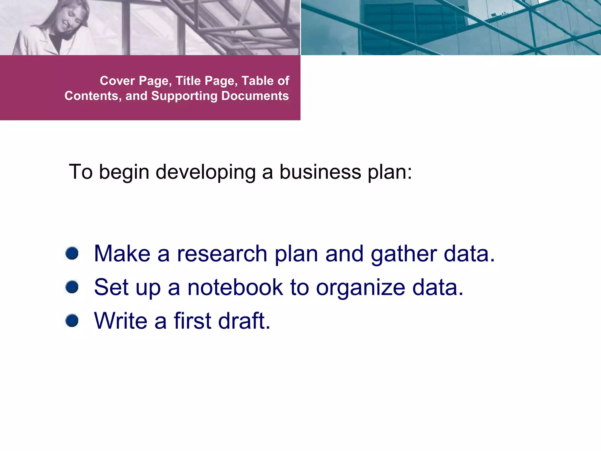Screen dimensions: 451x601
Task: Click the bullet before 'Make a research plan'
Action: pyautogui.click(x=72, y=253)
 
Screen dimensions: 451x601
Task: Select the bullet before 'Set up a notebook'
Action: pyautogui.click(x=72, y=287)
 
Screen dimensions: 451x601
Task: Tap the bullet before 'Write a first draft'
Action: pyautogui.click(x=72, y=320)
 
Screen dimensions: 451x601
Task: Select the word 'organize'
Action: pyautogui.click(x=361, y=288)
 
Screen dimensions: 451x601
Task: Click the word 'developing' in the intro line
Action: pyautogui.click(x=205, y=172)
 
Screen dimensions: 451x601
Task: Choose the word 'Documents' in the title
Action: pyautogui.click(x=255, y=96)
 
